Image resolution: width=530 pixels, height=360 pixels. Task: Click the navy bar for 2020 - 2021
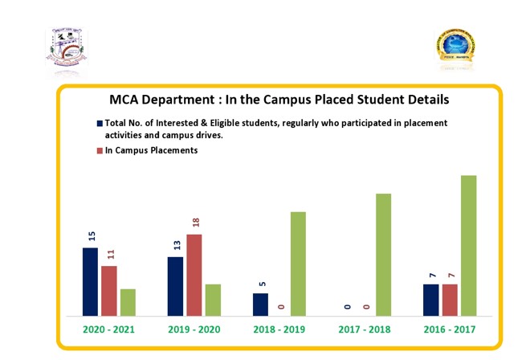pos(90,281)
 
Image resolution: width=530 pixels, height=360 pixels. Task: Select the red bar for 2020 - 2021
pos(108,290)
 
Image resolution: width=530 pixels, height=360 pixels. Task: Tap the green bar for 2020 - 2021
pos(128,302)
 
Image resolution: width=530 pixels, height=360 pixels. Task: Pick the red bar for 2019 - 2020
pos(194,275)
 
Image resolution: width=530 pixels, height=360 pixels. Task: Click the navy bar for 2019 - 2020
pos(175,286)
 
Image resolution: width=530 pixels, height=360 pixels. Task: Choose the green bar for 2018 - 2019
pos(298,264)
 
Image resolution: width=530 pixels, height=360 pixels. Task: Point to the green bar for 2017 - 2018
pos(383,255)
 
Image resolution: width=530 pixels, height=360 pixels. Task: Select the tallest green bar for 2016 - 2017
pos(468,245)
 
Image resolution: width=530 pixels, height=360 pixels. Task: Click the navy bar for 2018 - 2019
pos(260,305)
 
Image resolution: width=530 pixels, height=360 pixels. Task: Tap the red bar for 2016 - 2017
pos(450,300)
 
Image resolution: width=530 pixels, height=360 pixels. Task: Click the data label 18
pos(195,224)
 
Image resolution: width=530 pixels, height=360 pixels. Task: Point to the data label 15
pos(92,236)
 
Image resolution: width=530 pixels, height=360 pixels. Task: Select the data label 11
pos(111,255)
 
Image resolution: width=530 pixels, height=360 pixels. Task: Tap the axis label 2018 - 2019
pos(279,330)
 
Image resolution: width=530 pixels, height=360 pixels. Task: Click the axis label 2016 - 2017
pos(450,330)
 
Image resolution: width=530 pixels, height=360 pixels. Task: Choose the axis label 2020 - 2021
pos(108,330)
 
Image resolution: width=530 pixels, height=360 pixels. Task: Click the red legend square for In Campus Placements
pos(100,151)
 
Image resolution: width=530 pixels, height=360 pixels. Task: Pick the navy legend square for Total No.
pos(100,124)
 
